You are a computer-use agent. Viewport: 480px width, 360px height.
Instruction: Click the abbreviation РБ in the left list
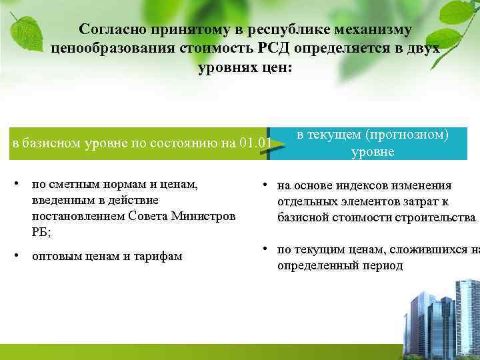click(x=39, y=231)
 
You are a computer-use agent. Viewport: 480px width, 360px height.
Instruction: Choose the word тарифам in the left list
click(x=160, y=256)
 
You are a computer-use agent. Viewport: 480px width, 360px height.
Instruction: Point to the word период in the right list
click(x=385, y=265)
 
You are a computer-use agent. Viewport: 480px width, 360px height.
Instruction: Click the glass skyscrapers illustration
click(x=440, y=313)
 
